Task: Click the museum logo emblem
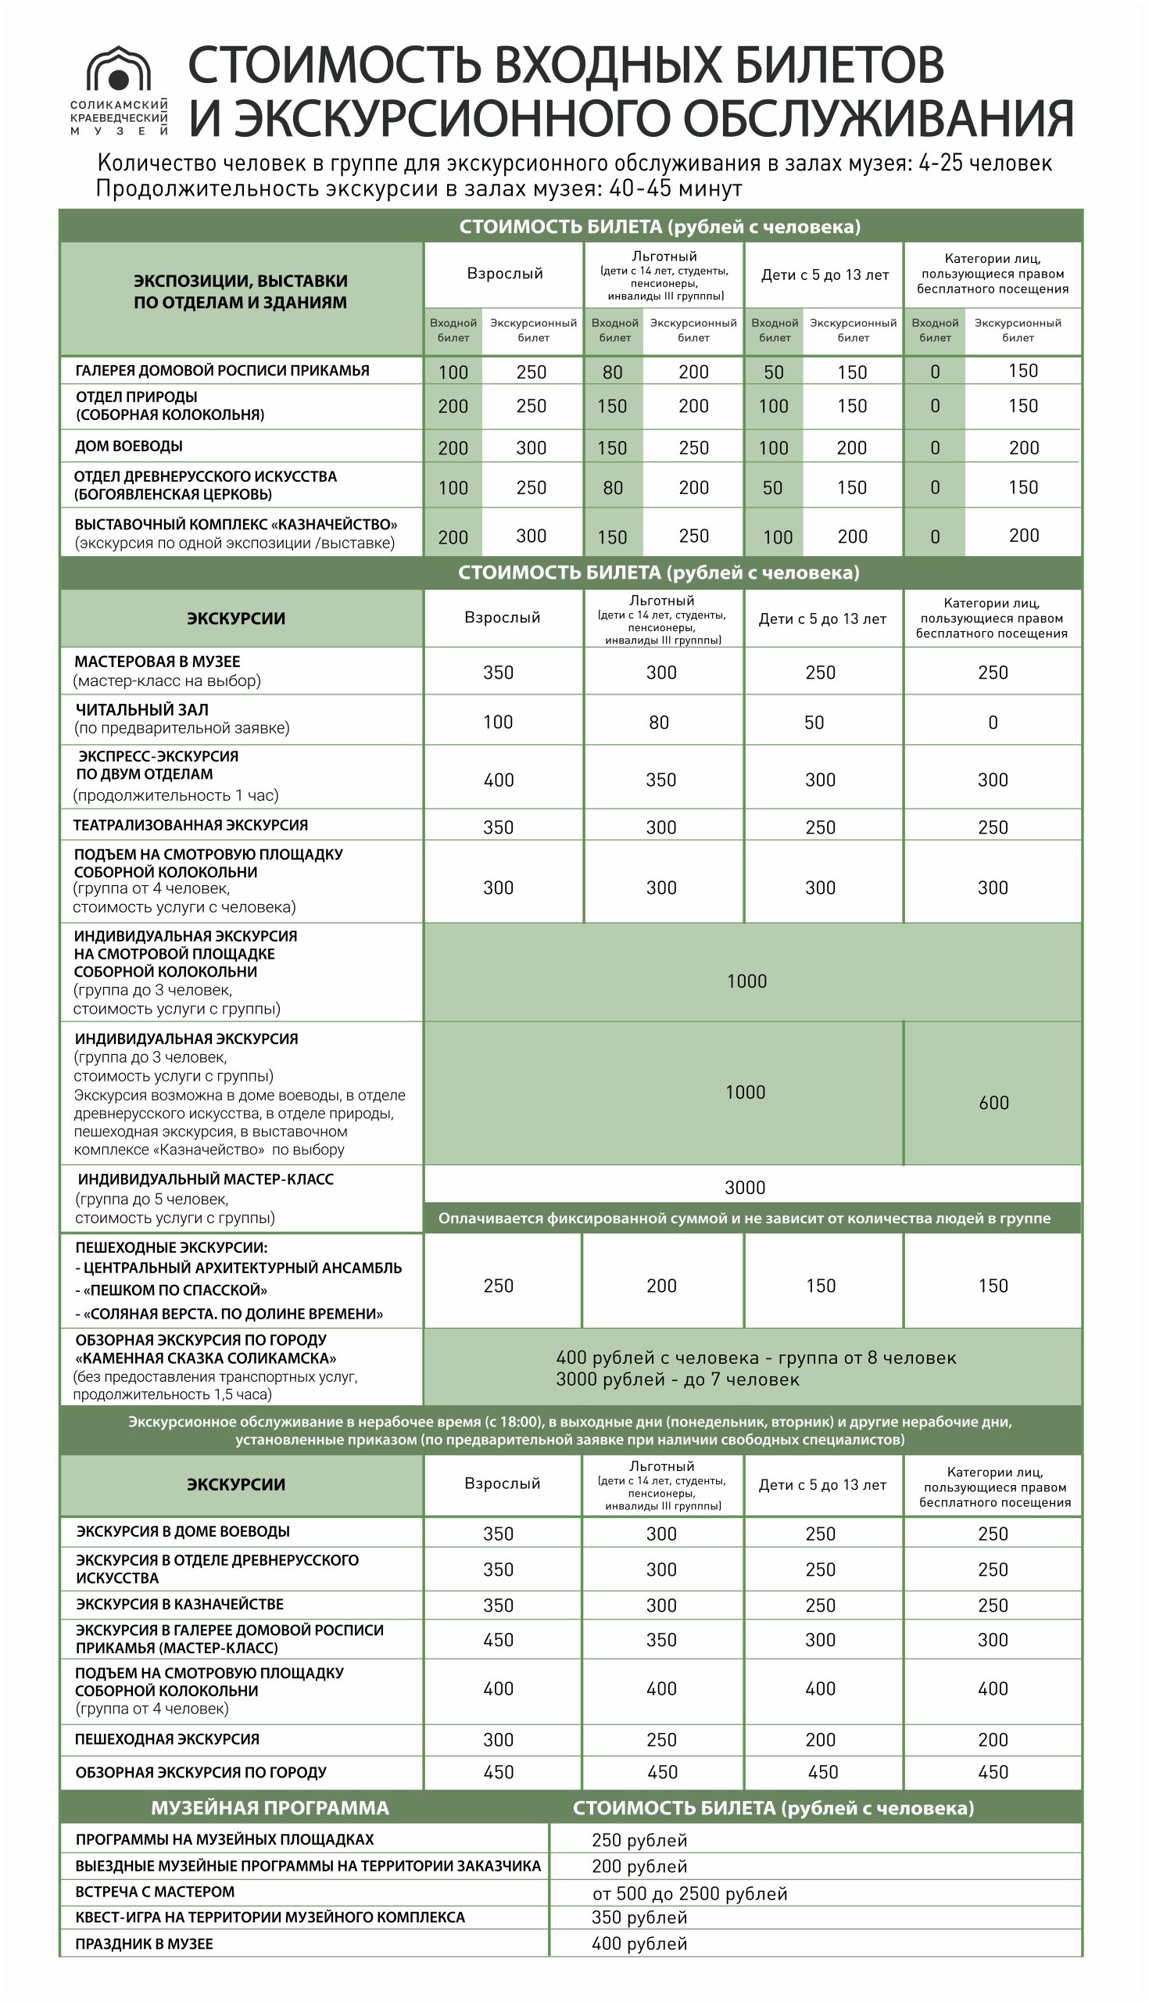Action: (x=118, y=71)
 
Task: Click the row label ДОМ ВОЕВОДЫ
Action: (x=129, y=447)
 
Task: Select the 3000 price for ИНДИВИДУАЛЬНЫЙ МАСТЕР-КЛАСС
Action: (x=745, y=1187)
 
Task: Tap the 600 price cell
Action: (x=993, y=1103)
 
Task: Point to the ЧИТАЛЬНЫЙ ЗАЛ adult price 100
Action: (x=498, y=723)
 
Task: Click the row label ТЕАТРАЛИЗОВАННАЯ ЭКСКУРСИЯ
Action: (x=190, y=826)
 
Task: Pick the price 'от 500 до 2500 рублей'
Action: (x=689, y=1893)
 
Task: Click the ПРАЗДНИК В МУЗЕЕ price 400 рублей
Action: (x=639, y=1943)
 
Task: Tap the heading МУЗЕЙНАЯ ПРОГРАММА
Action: (x=270, y=1808)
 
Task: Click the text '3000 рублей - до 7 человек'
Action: (x=677, y=1380)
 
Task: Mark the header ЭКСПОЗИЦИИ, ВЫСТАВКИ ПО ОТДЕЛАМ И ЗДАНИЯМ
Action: (x=240, y=291)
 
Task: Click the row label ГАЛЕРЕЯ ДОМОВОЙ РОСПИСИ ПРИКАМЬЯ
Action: (x=222, y=371)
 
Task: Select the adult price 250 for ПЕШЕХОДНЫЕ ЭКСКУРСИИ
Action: (x=499, y=1286)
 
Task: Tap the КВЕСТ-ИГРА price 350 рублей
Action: (x=639, y=1918)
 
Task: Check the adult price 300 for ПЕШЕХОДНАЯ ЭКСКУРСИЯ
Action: (x=499, y=1740)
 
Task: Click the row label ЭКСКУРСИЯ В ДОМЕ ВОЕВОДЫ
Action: (x=183, y=1531)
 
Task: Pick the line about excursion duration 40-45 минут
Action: (x=419, y=188)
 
